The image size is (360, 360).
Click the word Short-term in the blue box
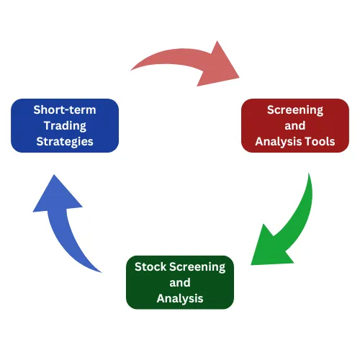click(65, 110)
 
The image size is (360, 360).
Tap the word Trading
click(65, 126)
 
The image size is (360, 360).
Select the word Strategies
click(65, 142)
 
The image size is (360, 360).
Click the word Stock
click(150, 267)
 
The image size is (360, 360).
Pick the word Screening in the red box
click(295, 110)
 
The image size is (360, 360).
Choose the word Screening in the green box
click(197, 267)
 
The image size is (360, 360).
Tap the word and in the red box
click(295, 126)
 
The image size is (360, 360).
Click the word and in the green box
click(180, 283)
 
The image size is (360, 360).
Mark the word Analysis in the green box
click(180, 299)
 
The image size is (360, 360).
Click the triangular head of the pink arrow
click(218, 63)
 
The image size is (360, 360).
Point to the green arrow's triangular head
click(271, 247)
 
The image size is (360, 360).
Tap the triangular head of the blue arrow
click(57, 194)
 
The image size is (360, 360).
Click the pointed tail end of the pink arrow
click(131, 70)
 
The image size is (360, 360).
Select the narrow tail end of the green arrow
click(309, 174)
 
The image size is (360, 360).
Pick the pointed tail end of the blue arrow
click(101, 272)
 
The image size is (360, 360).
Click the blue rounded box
click(65, 125)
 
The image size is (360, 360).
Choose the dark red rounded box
click(295, 125)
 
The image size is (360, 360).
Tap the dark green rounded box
click(180, 282)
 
